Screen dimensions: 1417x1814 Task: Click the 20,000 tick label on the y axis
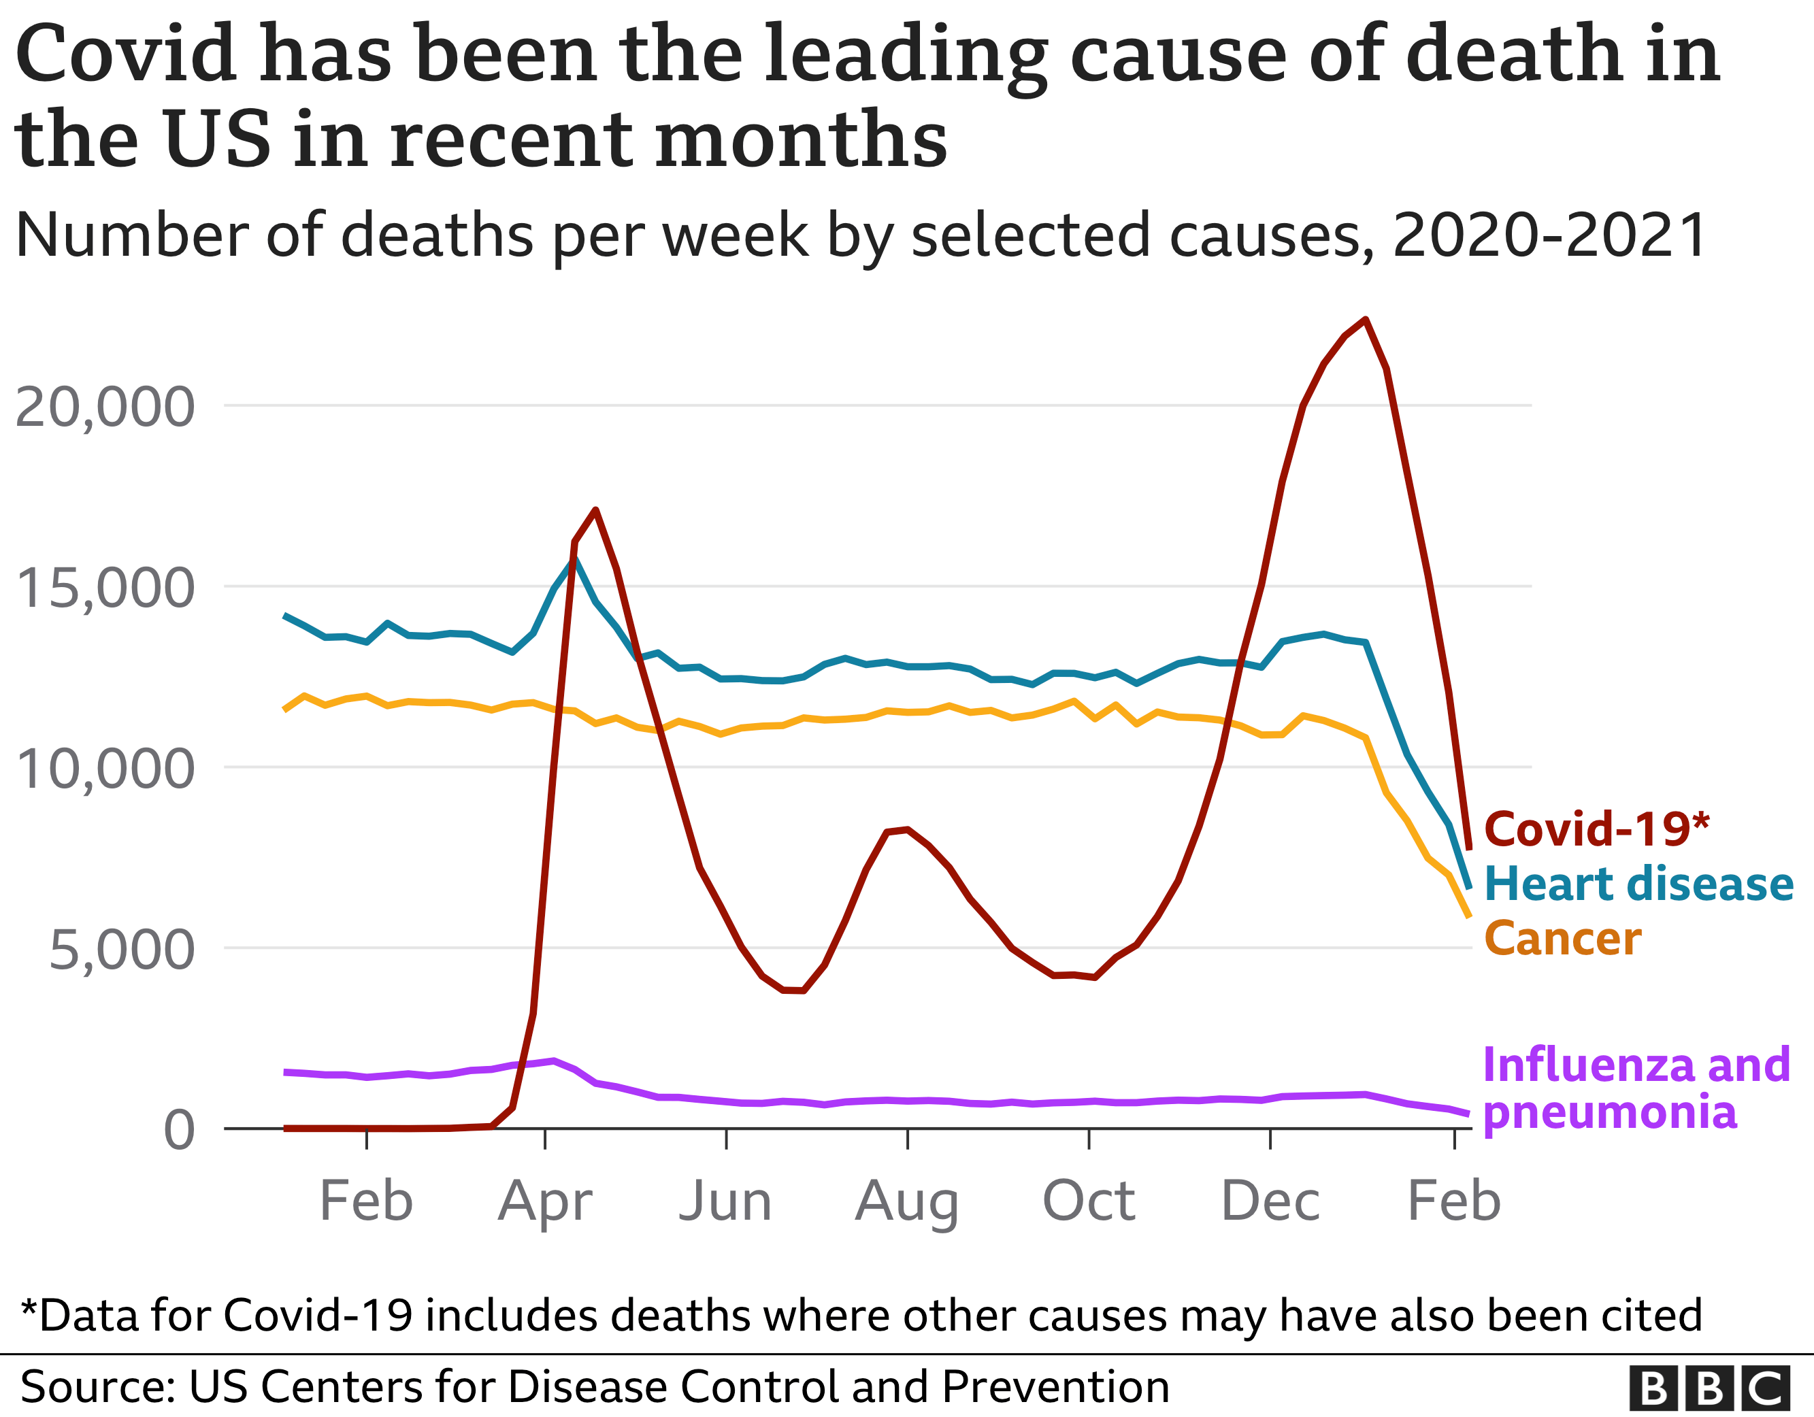(x=105, y=408)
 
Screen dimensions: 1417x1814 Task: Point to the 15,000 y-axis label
(x=105, y=588)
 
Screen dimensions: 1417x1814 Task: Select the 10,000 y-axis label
(x=105, y=769)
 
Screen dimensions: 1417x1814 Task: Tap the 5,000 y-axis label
(x=121, y=950)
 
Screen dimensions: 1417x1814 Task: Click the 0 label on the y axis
(x=178, y=1131)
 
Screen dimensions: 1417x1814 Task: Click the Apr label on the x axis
(x=545, y=1201)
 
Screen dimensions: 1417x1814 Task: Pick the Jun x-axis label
(x=725, y=1201)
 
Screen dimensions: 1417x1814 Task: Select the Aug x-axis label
(x=907, y=1201)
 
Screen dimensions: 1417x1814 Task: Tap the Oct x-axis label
(x=1088, y=1201)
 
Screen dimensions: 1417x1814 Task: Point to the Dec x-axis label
(x=1270, y=1201)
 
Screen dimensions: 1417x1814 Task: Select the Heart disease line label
(x=1638, y=884)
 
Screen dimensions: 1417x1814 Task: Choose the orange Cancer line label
(x=1562, y=939)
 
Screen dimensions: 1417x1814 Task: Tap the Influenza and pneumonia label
(x=1634, y=1088)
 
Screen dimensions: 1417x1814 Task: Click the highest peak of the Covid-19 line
(x=1366, y=320)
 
